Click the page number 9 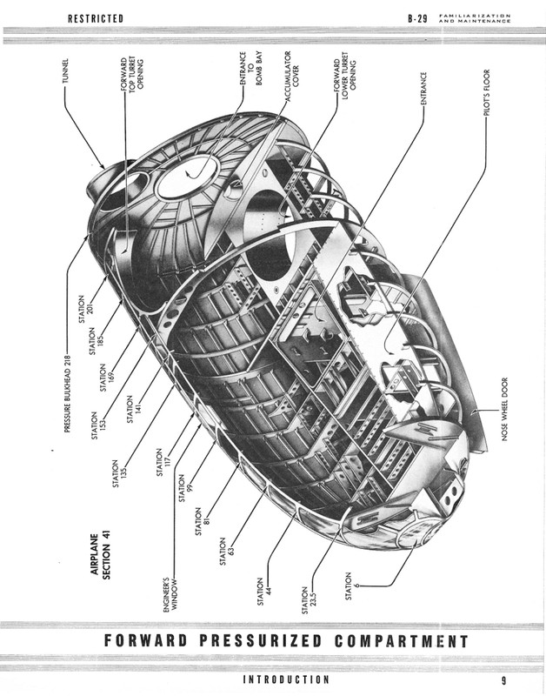[x=503, y=679]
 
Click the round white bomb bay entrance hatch [x=186, y=183]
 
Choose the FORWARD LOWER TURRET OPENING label [x=346, y=77]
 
